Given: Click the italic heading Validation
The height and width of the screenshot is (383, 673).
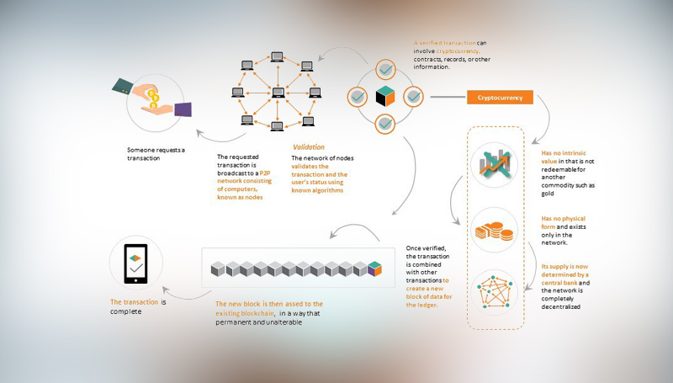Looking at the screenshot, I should click(x=308, y=146).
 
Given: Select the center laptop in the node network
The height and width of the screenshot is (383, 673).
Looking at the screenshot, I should click(x=276, y=92).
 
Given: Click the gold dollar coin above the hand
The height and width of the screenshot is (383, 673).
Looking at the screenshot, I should click(x=153, y=95).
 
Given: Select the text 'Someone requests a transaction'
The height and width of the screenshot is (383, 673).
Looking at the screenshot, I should click(x=156, y=155).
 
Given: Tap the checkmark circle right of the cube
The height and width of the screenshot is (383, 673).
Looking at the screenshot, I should click(x=414, y=96).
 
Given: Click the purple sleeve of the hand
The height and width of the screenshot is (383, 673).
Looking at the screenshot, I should click(x=183, y=109).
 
